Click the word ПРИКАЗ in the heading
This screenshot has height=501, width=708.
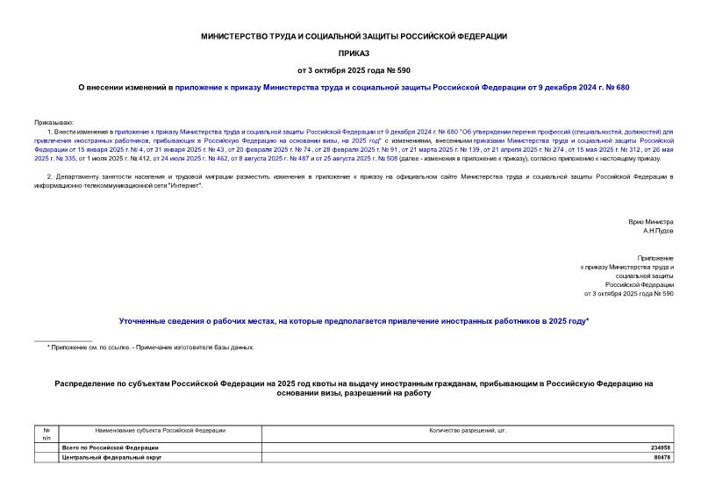[354, 53]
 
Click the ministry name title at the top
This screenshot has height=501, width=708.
[354, 36]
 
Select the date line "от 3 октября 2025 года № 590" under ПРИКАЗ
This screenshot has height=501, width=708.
[354, 69]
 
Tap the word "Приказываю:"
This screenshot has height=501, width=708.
[54, 121]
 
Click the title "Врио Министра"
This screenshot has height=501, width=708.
[651, 222]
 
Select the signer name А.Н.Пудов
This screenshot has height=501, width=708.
[658, 232]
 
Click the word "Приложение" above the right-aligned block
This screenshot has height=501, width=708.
[655, 258]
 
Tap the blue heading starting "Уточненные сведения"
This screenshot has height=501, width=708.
[354, 321]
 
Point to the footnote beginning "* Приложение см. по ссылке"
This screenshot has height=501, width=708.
[150, 347]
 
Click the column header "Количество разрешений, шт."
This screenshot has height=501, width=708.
[468, 431]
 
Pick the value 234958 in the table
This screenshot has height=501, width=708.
[660, 447]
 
